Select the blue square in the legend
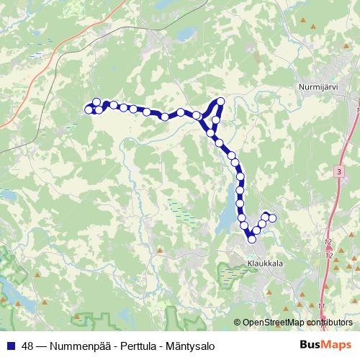click(x=10, y=345)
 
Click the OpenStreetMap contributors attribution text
click(x=297, y=322)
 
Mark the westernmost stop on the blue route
click(x=89, y=109)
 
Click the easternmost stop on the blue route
click(x=272, y=217)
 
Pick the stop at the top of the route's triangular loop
click(x=221, y=102)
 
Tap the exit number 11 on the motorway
click(x=321, y=306)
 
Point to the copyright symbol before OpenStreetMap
click(x=238, y=322)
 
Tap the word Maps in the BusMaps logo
click(x=337, y=344)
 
